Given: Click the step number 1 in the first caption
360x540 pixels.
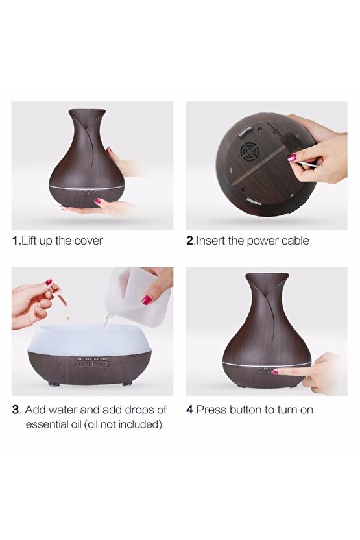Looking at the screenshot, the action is (x=15, y=241).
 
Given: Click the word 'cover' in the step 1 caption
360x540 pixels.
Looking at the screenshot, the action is (x=88, y=241).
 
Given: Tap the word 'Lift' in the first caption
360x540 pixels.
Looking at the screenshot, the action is (x=29, y=240).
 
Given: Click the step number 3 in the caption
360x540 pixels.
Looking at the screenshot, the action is (x=16, y=410).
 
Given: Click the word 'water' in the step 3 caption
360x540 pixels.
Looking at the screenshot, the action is (x=64, y=410).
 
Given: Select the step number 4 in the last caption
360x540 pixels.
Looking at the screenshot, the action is (x=189, y=410).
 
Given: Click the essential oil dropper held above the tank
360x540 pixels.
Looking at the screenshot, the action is (x=59, y=295).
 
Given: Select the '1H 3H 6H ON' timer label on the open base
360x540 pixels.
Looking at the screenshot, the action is (x=92, y=359).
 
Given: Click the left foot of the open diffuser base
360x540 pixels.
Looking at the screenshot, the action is (x=53, y=384).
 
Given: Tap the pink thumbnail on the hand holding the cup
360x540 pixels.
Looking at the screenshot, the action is (x=147, y=300).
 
